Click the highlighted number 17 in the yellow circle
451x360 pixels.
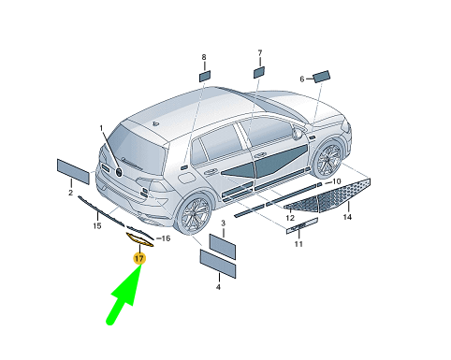(139, 258)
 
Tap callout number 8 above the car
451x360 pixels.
(204, 57)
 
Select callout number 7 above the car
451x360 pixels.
(260, 53)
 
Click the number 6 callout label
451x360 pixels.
(302, 79)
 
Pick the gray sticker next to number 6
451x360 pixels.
(322, 77)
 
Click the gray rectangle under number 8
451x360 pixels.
(205, 77)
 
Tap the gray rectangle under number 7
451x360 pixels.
(259, 72)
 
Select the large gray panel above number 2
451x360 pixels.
(73, 171)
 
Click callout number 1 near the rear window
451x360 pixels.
(101, 128)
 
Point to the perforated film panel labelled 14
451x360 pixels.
(328, 195)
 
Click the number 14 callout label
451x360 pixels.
(347, 217)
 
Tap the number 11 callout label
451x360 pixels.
(298, 244)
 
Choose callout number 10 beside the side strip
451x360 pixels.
(337, 181)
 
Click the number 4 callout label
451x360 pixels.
(218, 287)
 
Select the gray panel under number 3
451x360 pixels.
(223, 247)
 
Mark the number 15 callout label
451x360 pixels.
(97, 225)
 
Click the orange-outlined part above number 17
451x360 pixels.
(139, 239)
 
